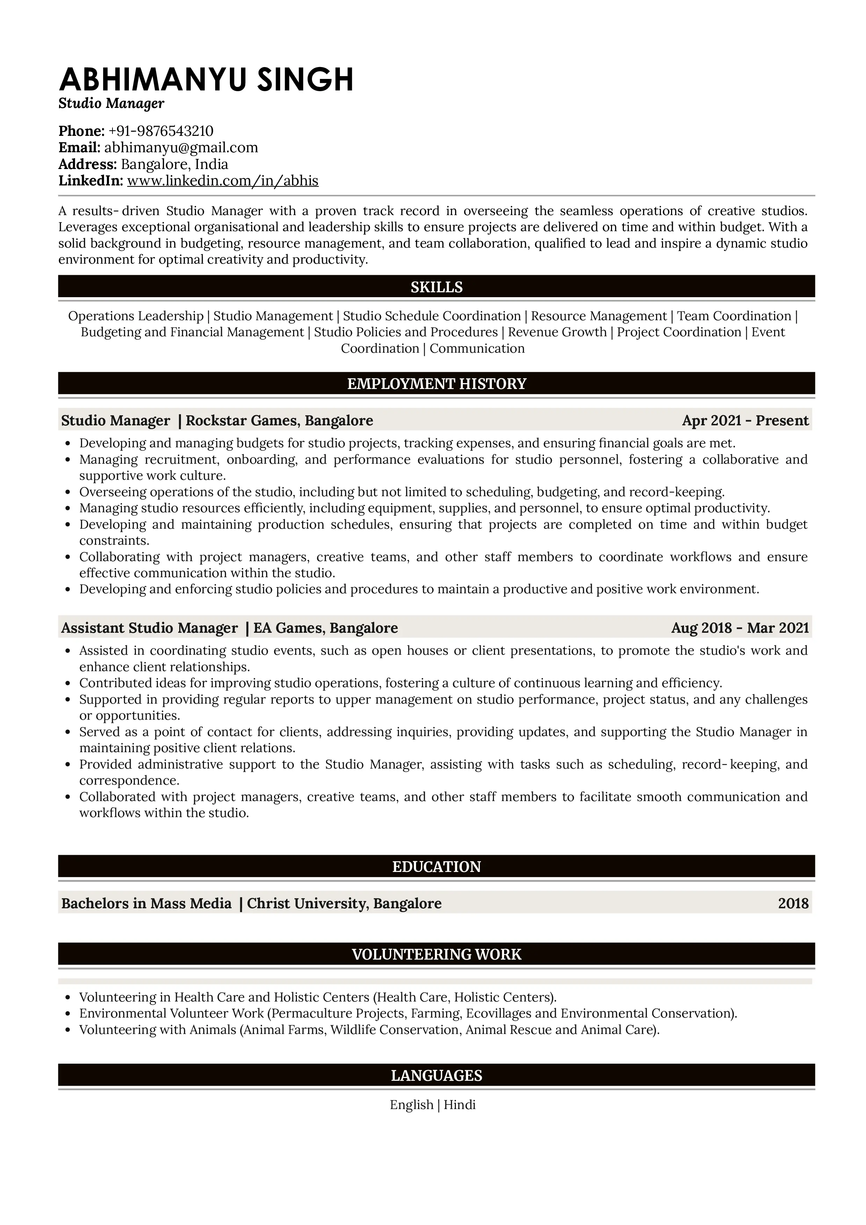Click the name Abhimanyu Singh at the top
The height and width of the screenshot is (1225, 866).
206,80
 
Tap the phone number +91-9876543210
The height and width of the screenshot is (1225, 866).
161,131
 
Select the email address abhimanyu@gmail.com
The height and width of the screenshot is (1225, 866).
181,148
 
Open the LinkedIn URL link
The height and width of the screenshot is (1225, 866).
223,181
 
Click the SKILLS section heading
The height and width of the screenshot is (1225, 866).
436,288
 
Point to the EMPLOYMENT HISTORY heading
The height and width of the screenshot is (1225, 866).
436,384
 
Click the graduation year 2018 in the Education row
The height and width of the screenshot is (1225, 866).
793,904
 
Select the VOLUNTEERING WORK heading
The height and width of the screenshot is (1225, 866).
436,954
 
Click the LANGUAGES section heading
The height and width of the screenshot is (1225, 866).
436,1076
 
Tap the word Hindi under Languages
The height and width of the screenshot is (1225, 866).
459,1105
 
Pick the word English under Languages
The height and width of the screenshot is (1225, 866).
412,1105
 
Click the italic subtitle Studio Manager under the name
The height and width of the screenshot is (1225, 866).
111,103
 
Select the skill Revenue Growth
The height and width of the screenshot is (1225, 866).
557,332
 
